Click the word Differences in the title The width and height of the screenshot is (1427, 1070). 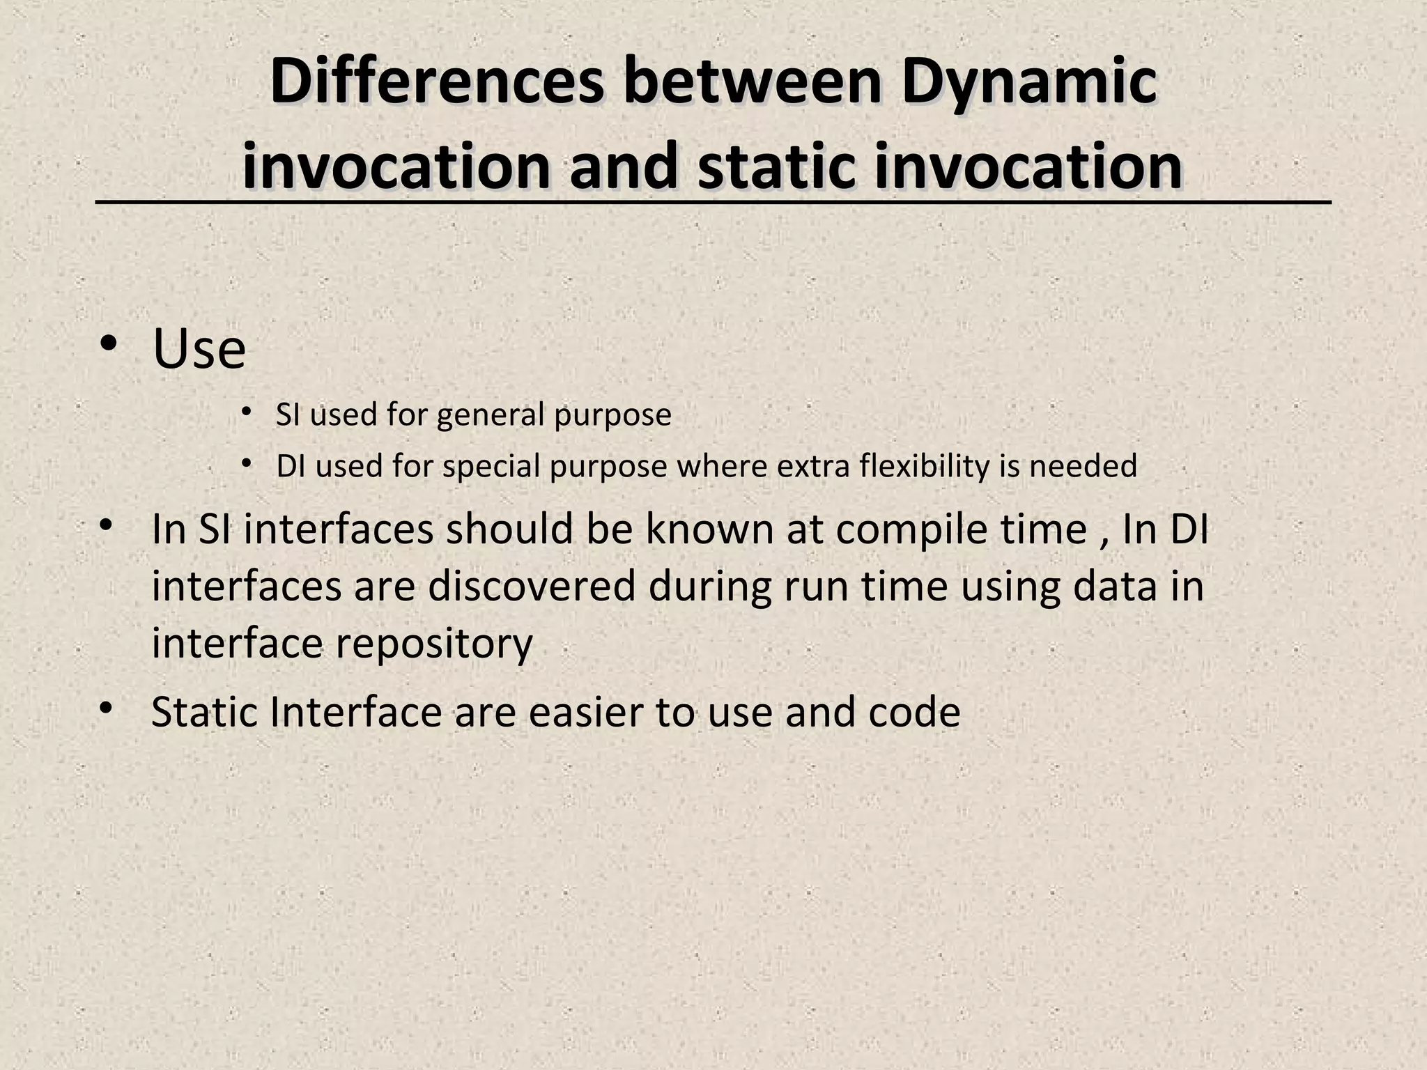point(436,83)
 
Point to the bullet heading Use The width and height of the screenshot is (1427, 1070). point(199,349)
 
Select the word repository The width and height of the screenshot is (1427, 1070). point(433,643)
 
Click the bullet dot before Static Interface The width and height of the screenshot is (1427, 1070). point(106,709)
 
